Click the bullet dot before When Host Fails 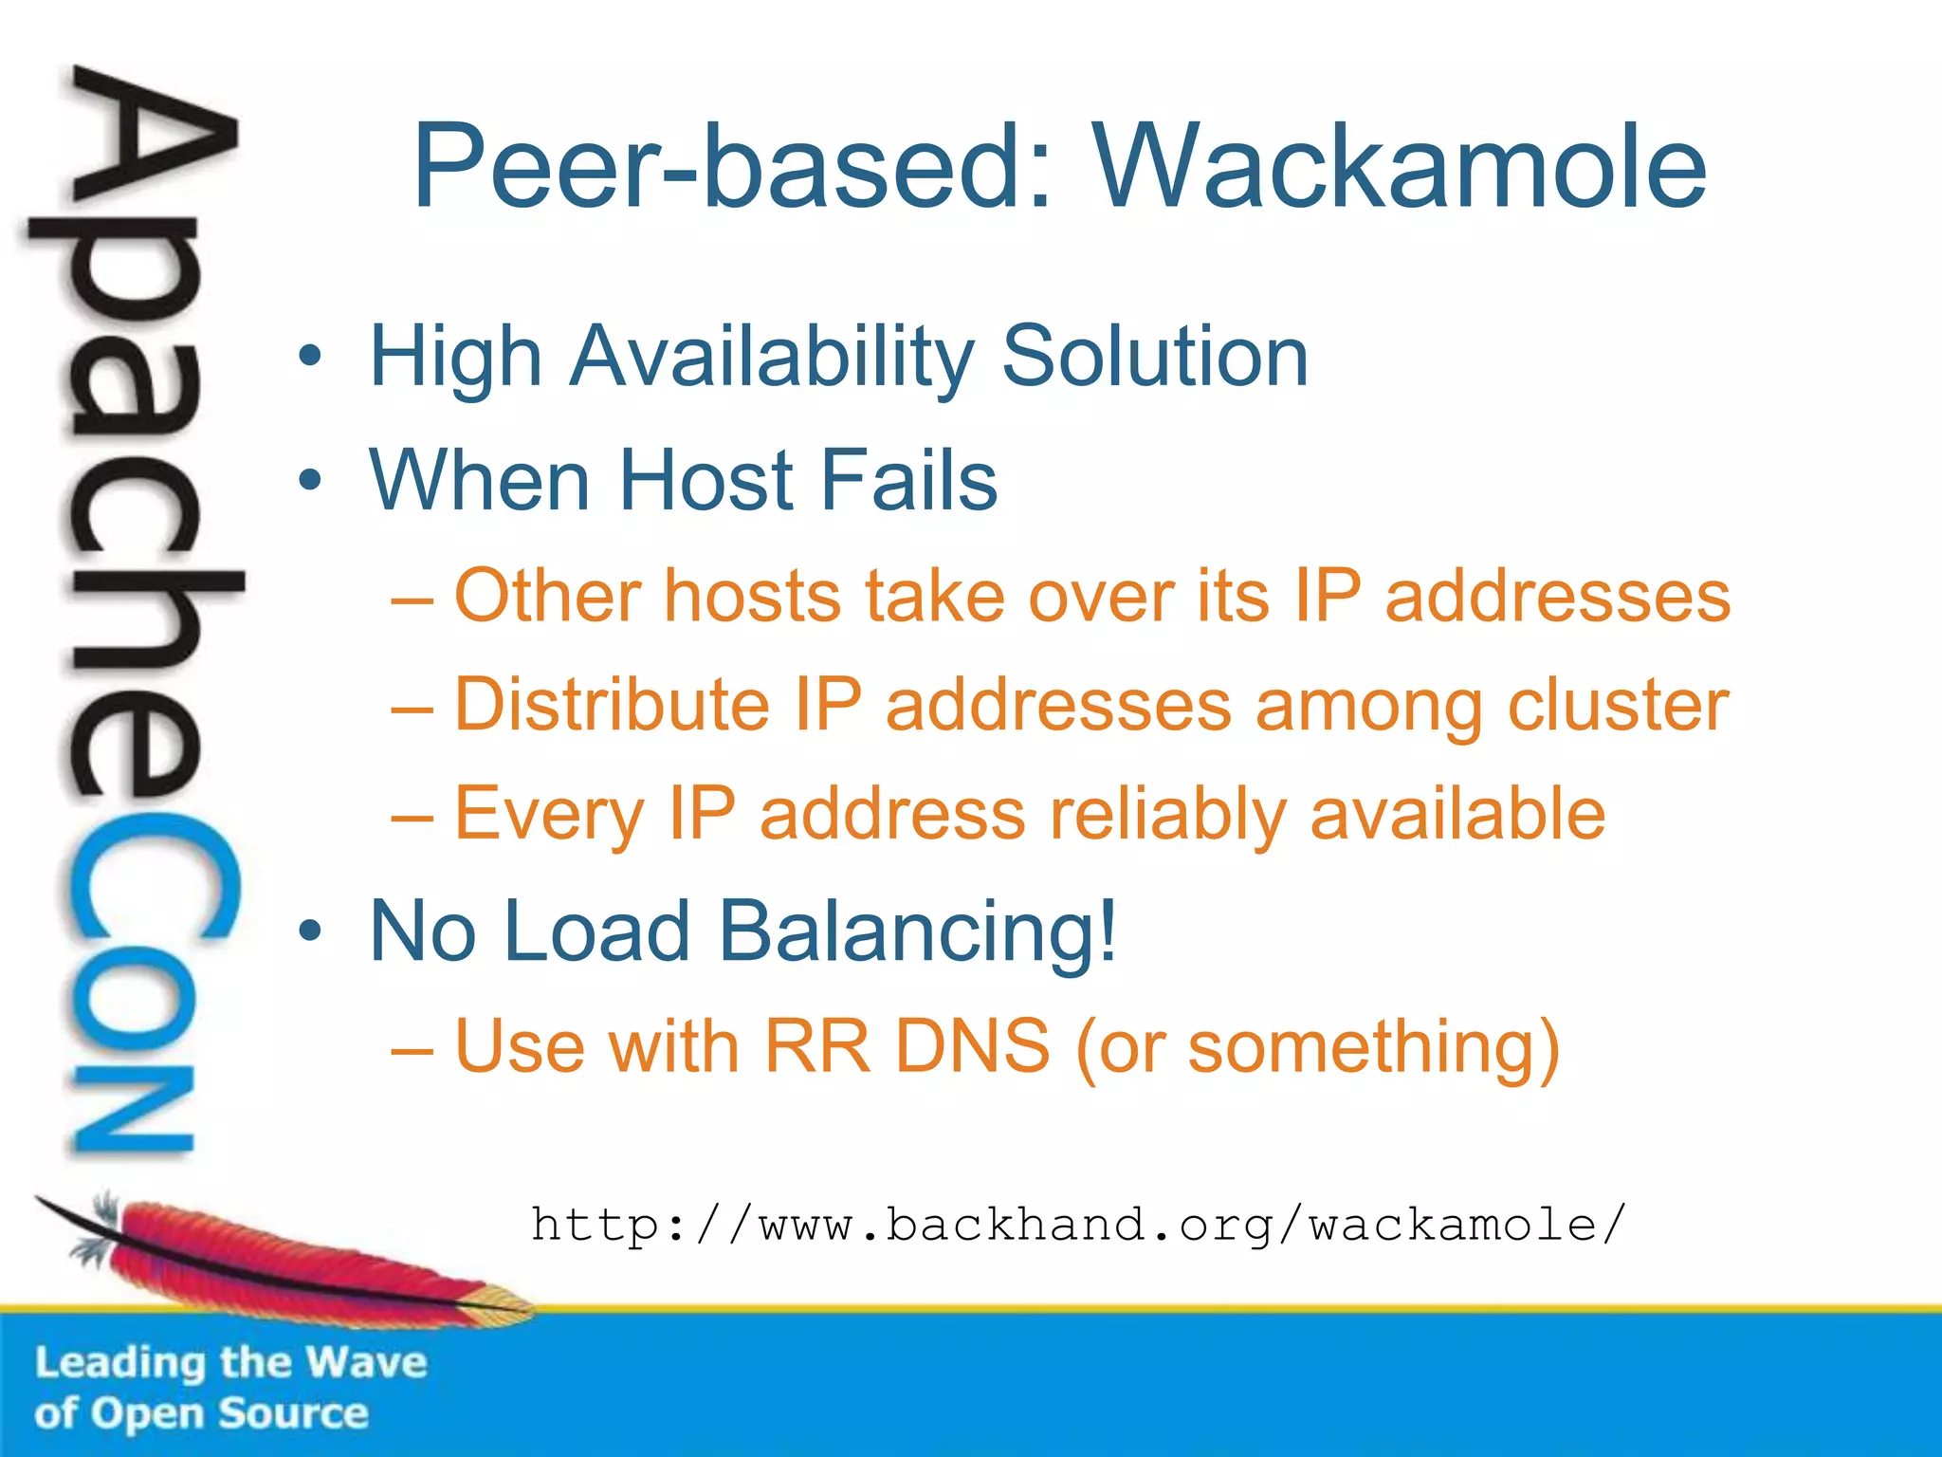pos(309,481)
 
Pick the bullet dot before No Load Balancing pos(309,931)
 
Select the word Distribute pos(612,706)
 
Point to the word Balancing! pos(918,931)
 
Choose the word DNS pos(972,1047)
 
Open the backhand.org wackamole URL pos(1078,1225)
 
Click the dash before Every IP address pos(412,817)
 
